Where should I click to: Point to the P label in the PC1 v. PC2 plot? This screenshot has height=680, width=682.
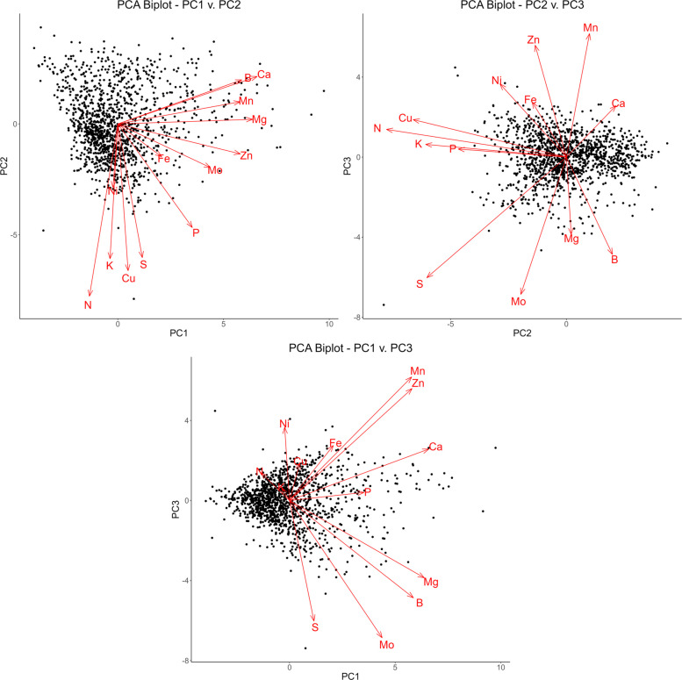pos(196,233)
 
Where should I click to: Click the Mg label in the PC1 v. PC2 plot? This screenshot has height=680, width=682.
pos(260,119)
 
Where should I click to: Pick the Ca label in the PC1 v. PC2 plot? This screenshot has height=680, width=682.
pos(263,75)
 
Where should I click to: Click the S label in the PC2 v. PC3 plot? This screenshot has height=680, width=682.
pos(420,283)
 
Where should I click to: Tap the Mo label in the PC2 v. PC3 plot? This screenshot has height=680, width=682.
pos(518,302)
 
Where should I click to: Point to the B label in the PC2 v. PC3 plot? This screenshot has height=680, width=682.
pos(614,259)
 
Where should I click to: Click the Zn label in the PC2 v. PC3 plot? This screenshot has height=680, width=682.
pos(534,40)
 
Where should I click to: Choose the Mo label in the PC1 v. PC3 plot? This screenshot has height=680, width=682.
pos(386,645)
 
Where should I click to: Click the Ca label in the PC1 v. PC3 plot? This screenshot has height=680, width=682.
pos(434,447)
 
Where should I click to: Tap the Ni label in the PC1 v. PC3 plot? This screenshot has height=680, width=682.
pos(284,425)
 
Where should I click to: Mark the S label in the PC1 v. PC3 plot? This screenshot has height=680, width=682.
pos(315,626)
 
